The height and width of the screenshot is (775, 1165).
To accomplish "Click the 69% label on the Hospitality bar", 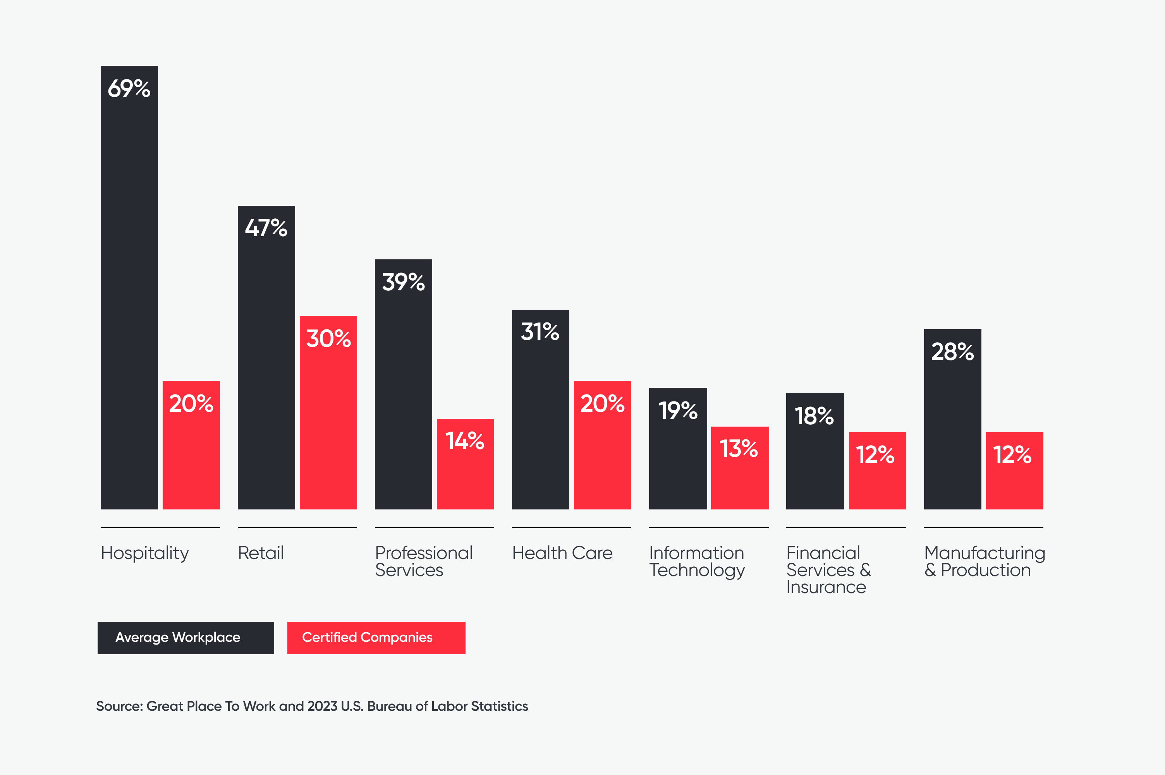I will pyautogui.click(x=129, y=89).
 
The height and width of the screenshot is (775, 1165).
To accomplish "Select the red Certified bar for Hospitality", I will pyautogui.click(x=191, y=445).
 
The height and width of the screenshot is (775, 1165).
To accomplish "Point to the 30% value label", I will pyautogui.click(x=328, y=339).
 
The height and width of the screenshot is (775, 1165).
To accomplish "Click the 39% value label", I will pyautogui.click(x=403, y=282).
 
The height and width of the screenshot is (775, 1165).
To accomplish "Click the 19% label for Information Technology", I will pyautogui.click(x=677, y=410).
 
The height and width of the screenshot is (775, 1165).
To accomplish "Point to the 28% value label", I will pyautogui.click(x=952, y=351).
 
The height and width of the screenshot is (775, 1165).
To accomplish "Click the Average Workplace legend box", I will pyautogui.click(x=186, y=638).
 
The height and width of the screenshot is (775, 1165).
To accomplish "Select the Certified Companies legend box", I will pyautogui.click(x=376, y=638).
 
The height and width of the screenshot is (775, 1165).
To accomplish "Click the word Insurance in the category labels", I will pyautogui.click(x=826, y=587).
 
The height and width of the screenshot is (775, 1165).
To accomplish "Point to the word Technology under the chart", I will pyautogui.click(x=697, y=570).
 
